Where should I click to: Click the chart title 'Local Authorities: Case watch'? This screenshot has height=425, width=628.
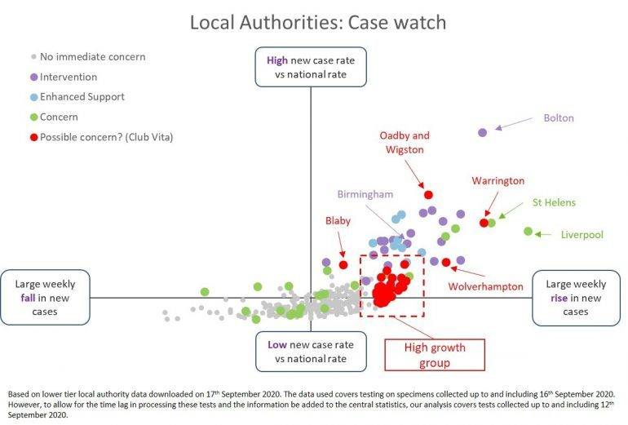[317, 22]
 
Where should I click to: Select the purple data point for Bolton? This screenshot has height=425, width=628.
[482, 132]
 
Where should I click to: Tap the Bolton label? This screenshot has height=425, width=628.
[559, 118]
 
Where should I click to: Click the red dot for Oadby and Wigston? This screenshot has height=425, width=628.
[427, 194]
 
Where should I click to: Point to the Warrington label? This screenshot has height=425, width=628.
[498, 180]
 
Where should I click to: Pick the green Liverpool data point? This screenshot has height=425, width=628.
[528, 232]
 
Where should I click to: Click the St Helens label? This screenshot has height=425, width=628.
[554, 202]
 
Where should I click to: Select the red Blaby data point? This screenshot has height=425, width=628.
[343, 264]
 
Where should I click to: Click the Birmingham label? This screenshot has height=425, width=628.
[366, 194]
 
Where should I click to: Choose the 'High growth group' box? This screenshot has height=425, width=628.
[434, 354]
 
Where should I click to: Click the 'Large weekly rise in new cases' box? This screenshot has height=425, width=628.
[575, 298]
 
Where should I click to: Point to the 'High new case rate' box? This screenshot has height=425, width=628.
[311, 67]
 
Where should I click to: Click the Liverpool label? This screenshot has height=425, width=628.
[582, 235]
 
